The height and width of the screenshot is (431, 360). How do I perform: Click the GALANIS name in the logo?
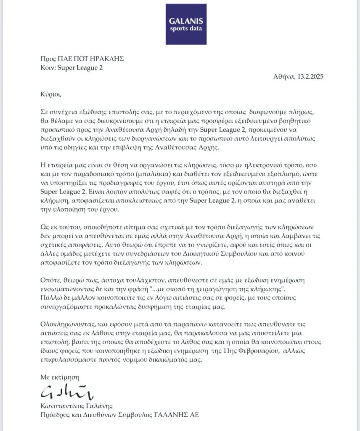(x=185, y=21)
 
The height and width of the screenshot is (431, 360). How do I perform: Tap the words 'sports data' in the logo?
(x=185, y=29)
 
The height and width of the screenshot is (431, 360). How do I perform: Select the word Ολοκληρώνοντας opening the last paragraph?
(x=70, y=326)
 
